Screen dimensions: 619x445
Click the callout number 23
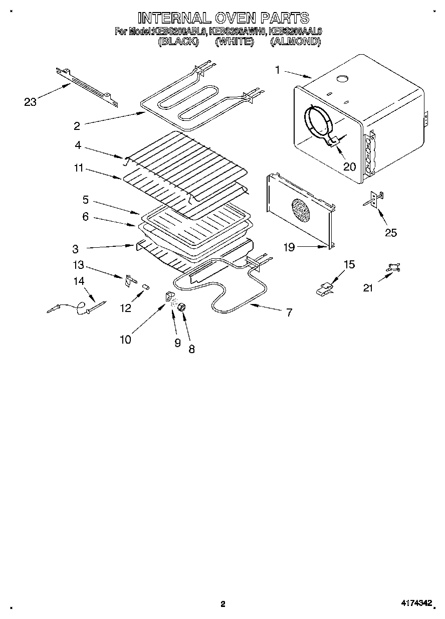31,102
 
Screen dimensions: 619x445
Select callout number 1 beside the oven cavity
278,70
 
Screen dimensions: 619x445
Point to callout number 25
390,232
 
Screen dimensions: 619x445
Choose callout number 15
349,264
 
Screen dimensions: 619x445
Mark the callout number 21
368,287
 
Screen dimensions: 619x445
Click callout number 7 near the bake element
289,312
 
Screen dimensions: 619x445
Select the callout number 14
79,281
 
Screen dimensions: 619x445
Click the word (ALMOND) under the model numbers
295,42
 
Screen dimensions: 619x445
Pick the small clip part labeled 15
325,288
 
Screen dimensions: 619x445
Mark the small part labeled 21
391,270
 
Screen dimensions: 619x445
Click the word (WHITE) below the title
234,42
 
